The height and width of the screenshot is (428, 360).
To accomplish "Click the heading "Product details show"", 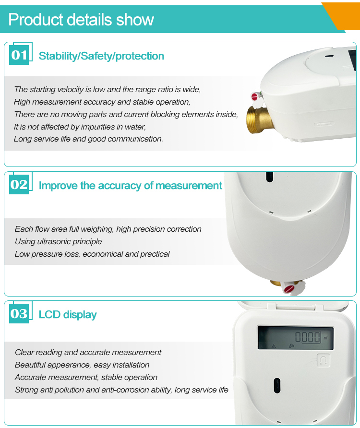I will coord(81,20).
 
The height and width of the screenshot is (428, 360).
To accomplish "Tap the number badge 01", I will coord(19,55).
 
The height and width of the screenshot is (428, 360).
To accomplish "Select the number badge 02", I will coord(19,185).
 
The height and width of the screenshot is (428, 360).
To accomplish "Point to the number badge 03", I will coord(19,314).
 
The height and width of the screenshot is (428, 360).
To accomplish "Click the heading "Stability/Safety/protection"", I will coord(101,56).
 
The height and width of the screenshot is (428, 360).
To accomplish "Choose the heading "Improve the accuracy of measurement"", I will coord(130,186).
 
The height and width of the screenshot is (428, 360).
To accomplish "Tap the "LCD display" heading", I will coord(68,315).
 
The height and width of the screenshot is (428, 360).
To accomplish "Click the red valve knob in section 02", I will coord(289,289).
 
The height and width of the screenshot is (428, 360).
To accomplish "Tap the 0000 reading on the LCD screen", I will coord(307,336).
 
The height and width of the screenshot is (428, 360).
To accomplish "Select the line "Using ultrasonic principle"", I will coord(58,241).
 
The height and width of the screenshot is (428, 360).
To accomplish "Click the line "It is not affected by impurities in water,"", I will coord(80,127).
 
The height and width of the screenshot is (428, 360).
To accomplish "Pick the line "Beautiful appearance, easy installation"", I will coord(82,365).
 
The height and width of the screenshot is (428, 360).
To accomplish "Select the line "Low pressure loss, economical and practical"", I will coord(92,254).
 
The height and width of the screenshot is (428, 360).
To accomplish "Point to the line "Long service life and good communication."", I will coord(88,139).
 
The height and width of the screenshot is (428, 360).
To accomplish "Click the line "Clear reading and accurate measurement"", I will coord(88,352).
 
